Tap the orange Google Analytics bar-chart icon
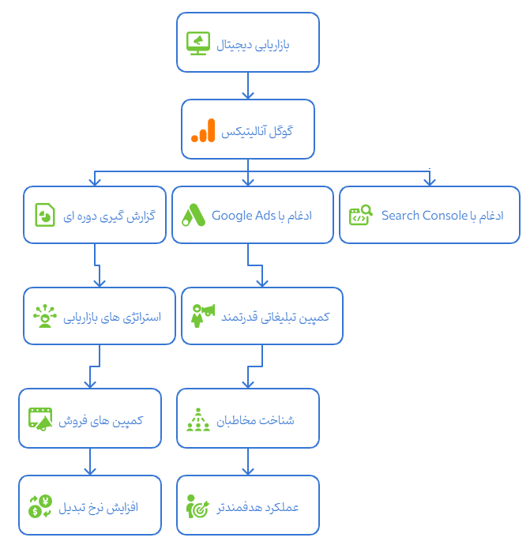[x=203, y=130]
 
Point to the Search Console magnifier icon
[x=361, y=215]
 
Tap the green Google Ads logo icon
[x=194, y=215]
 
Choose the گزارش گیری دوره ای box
[x=94, y=215]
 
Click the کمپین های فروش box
[x=89, y=419]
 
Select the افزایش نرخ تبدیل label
[x=99, y=506]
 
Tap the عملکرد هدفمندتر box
[x=248, y=506]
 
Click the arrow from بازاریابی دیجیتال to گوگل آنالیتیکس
[x=248, y=85]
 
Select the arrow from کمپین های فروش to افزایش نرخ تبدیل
[x=89, y=462]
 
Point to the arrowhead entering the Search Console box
[x=429, y=181]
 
